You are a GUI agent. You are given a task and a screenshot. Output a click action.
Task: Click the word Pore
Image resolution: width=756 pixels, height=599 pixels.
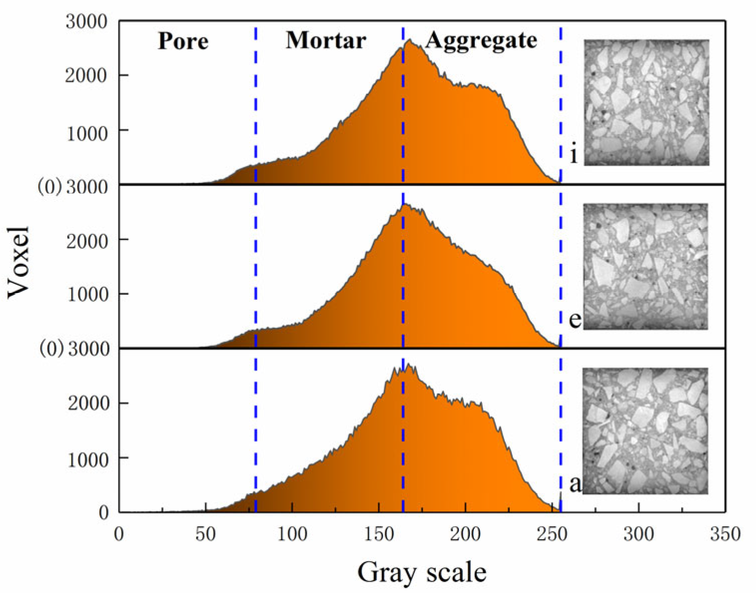pyautogui.click(x=183, y=41)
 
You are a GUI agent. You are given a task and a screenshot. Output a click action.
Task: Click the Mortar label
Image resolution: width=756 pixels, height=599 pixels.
pyautogui.click(x=326, y=40)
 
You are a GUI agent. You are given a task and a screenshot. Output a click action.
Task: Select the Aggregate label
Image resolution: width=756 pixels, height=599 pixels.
pyautogui.click(x=481, y=40)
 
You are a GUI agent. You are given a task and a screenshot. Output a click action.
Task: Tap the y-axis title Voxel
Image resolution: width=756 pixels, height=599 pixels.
pyautogui.click(x=20, y=262)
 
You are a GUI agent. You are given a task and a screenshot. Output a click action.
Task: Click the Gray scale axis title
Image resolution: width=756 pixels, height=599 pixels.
pyautogui.click(x=421, y=572)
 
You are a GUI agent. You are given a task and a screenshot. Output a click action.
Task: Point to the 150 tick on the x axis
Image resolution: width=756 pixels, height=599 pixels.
pyautogui.click(x=378, y=534)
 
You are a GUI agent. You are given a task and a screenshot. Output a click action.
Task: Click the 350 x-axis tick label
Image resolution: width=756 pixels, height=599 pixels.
pyautogui.click(x=725, y=534)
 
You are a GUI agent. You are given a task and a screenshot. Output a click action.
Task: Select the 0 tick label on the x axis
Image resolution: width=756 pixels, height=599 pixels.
pyautogui.click(x=119, y=534)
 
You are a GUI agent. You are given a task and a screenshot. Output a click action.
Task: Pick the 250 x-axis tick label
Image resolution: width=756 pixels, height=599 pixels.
pyautogui.click(x=552, y=534)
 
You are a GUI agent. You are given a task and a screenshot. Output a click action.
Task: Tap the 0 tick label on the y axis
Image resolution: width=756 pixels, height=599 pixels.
pyautogui.click(x=104, y=513)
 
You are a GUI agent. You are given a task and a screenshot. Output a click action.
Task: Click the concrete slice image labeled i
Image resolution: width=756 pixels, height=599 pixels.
pyautogui.click(x=646, y=102)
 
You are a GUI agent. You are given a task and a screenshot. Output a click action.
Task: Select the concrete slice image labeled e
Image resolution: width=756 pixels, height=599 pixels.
pyautogui.click(x=645, y=266)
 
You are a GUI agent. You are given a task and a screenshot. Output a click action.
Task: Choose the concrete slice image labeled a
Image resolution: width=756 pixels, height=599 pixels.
pyautogui.click(x=645, y=431)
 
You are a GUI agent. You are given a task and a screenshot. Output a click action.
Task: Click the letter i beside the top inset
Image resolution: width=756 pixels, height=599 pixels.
pyautogui.click(x=574, y=155)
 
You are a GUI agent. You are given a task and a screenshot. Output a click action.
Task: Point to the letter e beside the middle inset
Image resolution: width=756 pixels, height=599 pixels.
pyautogui.click(x=575, y=320)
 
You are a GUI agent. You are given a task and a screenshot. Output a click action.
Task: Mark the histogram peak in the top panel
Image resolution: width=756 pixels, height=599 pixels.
pyautogui.click(x=409, y=40)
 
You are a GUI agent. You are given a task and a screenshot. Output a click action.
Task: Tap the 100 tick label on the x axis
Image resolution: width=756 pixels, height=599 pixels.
pyautogui.click(x=292, y=534)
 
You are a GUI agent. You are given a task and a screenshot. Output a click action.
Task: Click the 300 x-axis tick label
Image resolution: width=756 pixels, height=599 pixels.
pyautogui.click(x=638, y=534)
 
